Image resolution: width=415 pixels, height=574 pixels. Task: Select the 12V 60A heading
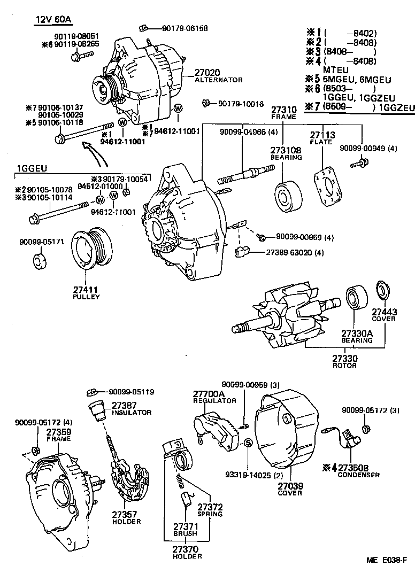(53, 20)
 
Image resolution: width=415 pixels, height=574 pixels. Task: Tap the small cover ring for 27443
(383, 290)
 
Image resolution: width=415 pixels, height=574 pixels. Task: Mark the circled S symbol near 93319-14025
(248, 443)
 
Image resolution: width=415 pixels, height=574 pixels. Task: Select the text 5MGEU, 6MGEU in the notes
(357, 80)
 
